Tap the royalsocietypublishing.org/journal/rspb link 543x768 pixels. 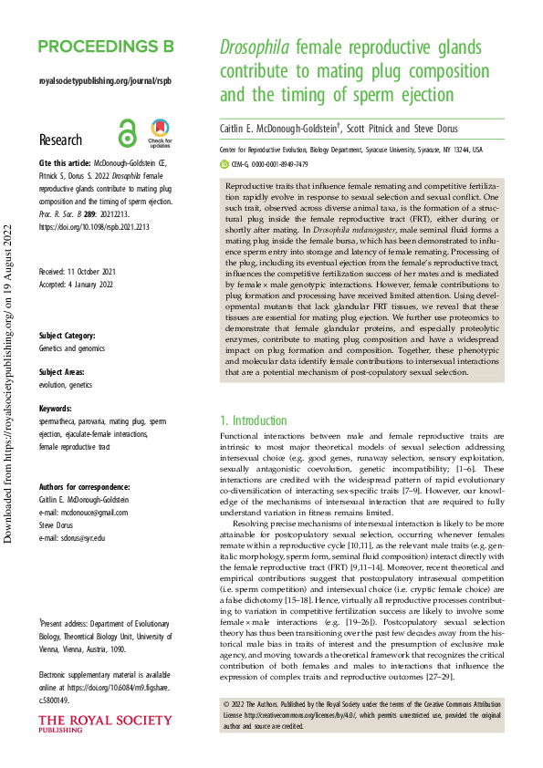[105, 80]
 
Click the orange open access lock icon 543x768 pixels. [128, 134]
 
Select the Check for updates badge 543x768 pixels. [160, 134]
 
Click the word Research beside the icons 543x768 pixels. [61, 140]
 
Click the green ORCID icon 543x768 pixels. [225, 164]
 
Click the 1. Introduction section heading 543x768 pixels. [254, 420]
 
